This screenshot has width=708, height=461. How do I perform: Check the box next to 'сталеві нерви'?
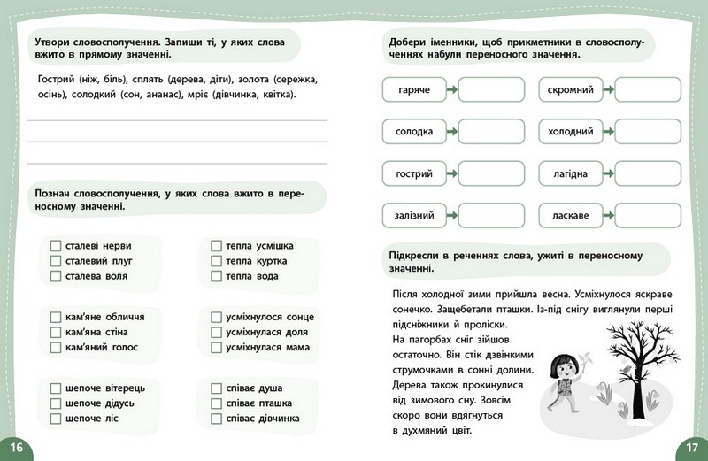(56, 245)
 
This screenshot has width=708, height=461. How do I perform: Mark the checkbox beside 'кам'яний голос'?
(56, 347)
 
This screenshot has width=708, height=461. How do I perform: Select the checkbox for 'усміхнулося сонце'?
(216, 316)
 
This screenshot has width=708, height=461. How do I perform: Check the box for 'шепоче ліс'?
(56, 418)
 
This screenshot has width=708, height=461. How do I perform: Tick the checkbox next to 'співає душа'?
(216, 388)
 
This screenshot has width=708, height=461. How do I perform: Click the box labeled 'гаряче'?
(414, 90)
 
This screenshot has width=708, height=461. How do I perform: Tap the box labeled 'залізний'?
(414, 215)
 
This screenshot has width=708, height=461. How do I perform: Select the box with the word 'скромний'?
(570, 90)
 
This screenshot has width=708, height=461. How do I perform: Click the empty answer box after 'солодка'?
(491, 132)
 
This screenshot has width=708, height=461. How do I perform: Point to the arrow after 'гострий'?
(451, 173)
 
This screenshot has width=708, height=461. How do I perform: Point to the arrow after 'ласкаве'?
(609, 215)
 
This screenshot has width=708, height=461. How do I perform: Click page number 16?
(16, 447)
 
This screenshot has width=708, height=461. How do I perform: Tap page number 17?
(691, 447)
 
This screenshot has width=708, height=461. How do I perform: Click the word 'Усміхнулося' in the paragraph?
(551, 294)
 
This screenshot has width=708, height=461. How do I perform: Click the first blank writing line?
(177, 119)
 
